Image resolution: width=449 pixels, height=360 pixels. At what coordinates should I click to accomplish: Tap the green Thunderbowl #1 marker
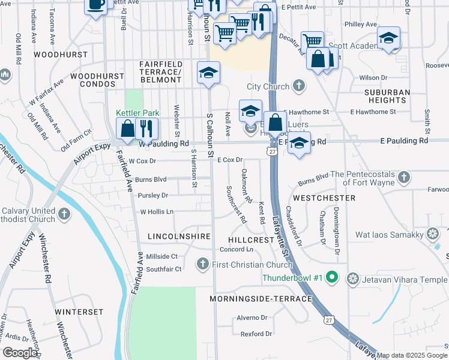[334, 279]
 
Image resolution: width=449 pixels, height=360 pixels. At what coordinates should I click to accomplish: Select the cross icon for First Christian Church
[203, 264]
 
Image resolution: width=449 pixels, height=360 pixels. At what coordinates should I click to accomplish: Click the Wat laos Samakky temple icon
[432, 233]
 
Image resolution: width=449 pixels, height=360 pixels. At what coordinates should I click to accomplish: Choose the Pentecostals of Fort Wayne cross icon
[404, 178]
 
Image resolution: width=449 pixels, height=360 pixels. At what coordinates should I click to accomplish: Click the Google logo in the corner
[19, 353]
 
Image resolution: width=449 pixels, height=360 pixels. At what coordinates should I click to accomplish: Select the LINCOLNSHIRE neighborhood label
[179, 237]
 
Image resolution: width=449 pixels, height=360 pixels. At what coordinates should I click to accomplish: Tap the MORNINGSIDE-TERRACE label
[261, 299]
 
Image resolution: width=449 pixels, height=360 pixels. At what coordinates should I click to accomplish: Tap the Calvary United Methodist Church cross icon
[65, 213]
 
